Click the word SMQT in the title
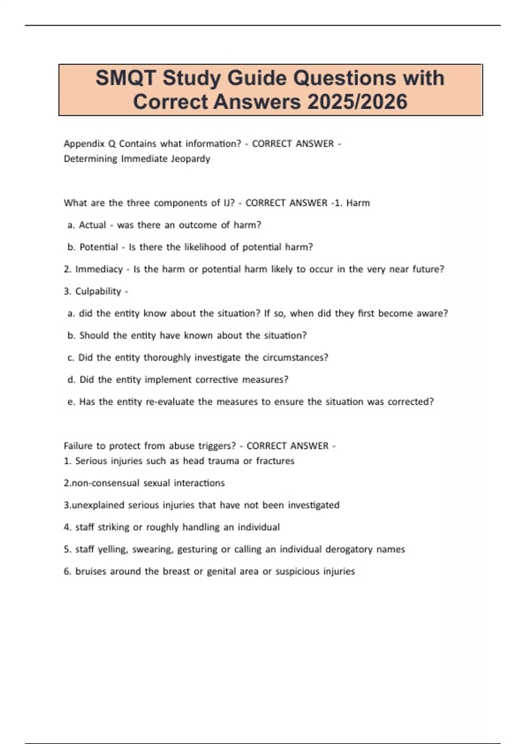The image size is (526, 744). [125, 78]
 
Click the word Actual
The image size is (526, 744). [92, 225]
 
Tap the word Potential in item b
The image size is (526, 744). [99, 247]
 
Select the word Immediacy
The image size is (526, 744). [99, 269]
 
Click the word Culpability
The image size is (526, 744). [98, 291]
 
